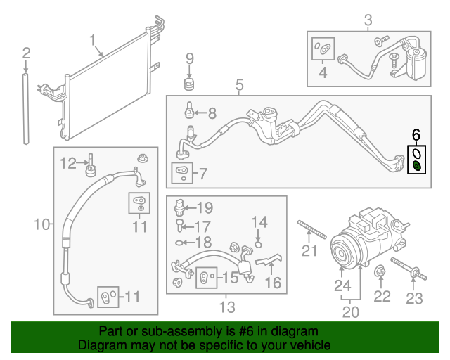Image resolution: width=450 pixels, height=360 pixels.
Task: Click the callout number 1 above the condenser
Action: [93, 40]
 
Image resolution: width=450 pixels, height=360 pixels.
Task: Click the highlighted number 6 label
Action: [416, 134]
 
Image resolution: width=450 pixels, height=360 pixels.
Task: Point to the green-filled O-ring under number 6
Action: [416, 166]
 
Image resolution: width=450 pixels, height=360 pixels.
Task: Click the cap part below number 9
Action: [189, 85]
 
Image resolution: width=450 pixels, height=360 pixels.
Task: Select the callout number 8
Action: [212, 112]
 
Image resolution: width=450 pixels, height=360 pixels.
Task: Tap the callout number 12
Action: [67, 163]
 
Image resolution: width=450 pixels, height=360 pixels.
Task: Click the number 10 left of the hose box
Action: [41, 224]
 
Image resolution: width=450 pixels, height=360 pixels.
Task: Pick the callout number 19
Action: [204, 207]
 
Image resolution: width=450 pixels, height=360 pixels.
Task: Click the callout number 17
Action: [202, 226]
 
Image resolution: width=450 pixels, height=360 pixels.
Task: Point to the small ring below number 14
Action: [258, 244]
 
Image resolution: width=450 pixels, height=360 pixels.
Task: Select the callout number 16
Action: [272, 282]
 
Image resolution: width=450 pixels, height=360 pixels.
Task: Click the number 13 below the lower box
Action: [226, 307]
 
